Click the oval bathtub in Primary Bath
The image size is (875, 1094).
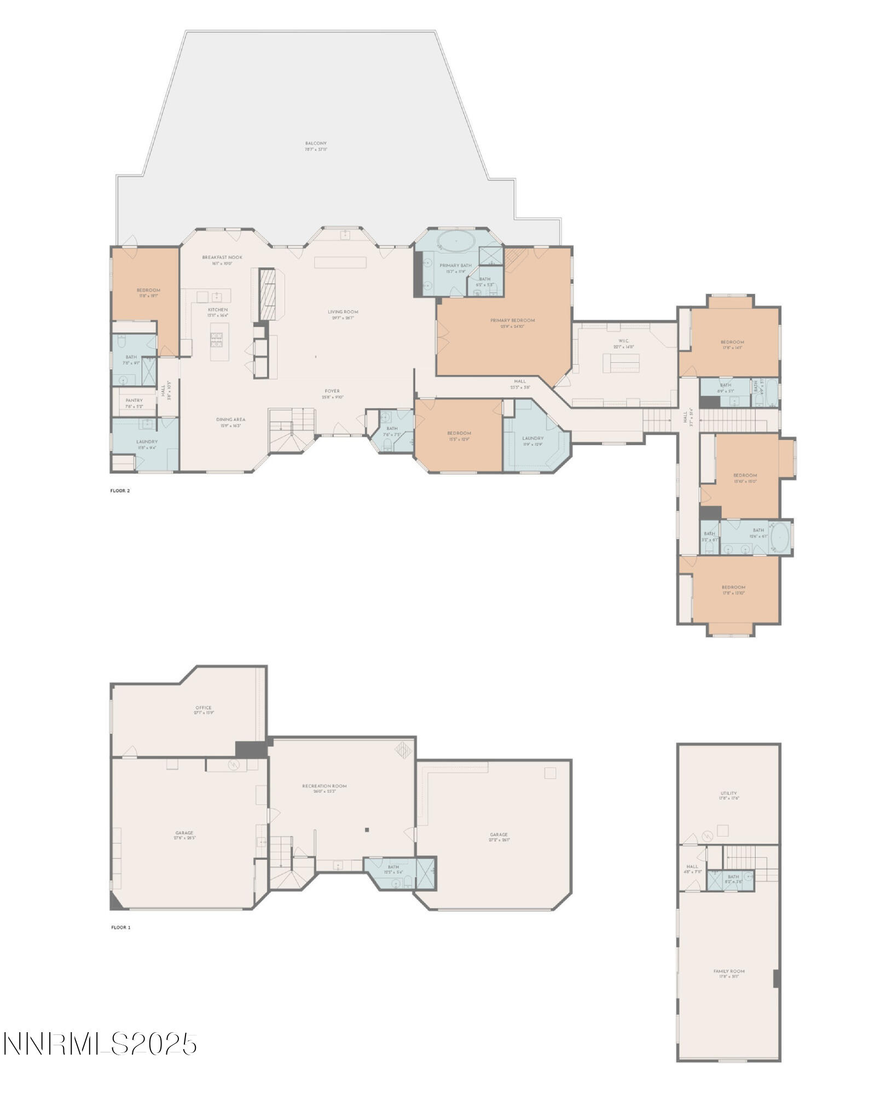(x=456, y=241)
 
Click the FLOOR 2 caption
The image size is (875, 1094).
(x=120, y=491)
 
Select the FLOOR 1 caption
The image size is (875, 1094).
(x=120, y=928)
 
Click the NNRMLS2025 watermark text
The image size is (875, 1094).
(x=100, y=1044)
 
